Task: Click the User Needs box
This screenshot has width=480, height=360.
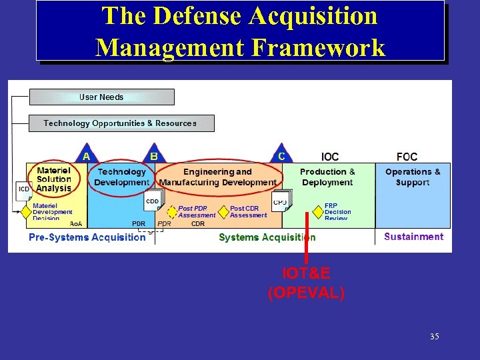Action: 101,97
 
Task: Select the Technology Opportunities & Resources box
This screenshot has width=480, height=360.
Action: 121,123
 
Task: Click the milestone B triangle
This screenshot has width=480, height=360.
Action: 154,155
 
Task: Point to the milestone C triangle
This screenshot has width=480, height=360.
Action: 281,155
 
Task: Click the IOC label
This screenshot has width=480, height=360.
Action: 330,157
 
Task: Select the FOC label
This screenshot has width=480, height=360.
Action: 407,157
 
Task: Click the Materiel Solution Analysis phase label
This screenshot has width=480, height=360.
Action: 54,179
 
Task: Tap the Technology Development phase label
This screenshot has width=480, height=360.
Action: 121,177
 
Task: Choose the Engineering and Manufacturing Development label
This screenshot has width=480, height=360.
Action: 218,177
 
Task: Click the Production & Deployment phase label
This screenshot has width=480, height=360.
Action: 327,177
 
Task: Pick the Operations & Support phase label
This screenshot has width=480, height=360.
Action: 413,177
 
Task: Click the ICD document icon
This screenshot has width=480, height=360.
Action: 24,191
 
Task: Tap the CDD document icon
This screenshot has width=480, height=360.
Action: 153,202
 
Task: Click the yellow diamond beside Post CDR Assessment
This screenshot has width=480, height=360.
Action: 223,211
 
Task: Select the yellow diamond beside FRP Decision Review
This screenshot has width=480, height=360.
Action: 318,211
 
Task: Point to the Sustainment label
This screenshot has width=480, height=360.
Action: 413,237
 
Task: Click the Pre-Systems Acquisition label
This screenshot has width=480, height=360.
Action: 87,237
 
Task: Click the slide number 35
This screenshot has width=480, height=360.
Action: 435,337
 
